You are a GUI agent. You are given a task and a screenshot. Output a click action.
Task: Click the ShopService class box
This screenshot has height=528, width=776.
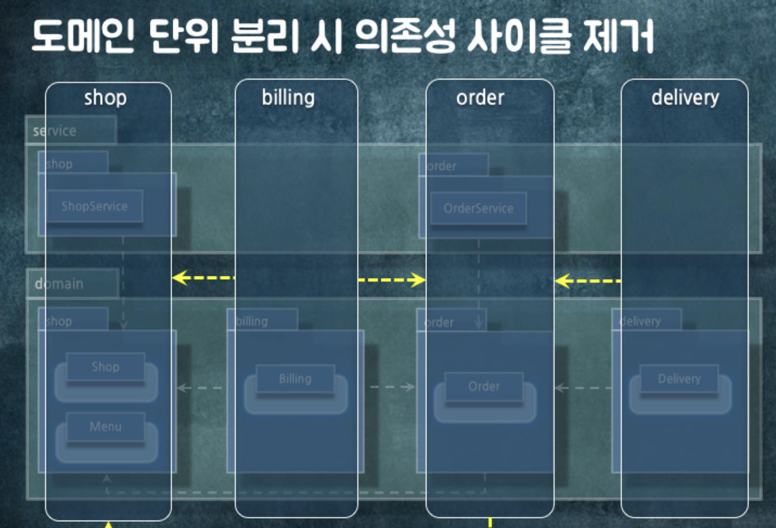[94, 206]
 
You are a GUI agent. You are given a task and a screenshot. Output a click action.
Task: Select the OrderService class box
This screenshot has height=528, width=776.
[478, 209]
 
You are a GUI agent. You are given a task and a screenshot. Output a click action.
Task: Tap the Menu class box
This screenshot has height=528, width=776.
[105, 427]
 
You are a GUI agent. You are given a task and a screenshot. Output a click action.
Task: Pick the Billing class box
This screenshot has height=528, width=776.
[295, 379]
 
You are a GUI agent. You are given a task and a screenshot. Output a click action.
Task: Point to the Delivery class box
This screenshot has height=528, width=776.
[679, 379]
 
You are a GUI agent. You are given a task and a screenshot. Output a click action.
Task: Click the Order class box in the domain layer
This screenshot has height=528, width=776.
[484, 386]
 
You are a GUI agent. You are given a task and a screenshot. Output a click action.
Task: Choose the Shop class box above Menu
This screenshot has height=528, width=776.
[105, 367]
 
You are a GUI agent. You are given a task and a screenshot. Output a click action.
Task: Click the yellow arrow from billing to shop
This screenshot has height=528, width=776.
[203, 278]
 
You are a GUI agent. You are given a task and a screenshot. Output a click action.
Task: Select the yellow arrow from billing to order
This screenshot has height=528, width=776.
[392, 280]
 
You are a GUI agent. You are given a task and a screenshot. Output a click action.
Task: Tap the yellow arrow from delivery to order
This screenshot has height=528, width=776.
[587, 281]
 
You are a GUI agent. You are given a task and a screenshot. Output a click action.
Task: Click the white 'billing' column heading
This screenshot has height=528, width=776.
[288, 98]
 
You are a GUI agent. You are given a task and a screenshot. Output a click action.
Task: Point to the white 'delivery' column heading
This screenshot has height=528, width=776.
[685, 98]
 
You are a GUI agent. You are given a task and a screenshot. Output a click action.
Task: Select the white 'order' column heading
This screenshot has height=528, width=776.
[480, 98]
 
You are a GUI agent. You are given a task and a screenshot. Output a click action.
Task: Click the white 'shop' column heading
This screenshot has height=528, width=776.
[105, 98]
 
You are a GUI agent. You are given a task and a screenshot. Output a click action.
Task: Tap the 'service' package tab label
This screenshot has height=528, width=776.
[54, 131]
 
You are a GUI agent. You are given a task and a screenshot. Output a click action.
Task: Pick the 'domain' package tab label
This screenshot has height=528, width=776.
[59, 284]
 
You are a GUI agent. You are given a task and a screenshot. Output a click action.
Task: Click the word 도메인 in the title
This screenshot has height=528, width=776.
[83, 36]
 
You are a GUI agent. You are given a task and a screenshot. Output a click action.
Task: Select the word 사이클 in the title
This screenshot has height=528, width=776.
[519, 36]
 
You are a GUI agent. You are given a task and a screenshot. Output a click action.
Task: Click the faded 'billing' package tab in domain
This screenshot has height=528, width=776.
[252, 321]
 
